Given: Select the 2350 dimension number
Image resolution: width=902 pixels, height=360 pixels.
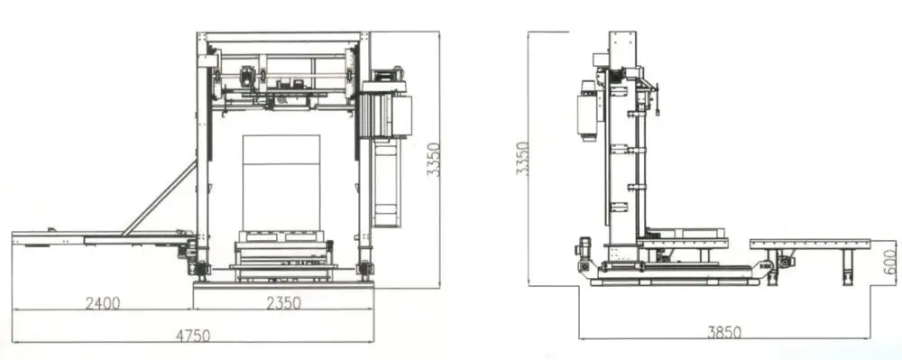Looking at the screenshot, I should (x=282, y=304).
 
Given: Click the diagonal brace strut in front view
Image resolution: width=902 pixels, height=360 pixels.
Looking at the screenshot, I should (x=160, y=198).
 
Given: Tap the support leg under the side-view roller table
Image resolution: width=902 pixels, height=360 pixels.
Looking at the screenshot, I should (x=847, y=264).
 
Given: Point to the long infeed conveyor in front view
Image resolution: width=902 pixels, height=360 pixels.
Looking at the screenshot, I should (x=99, y=240).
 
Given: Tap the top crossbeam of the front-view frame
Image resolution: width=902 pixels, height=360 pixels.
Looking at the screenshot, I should (x=282, y=38).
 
